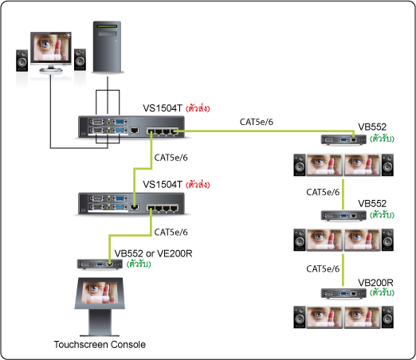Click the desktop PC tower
point(107,47)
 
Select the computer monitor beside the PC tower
point(51,52)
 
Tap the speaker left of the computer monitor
point(22,61)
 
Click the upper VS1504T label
point(163,108)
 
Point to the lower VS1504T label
point(163,184)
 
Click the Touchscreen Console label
point(100,344)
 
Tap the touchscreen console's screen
point(100,292)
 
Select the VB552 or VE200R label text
point(153,253)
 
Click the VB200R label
point(375,283)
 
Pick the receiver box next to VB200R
point(343,293)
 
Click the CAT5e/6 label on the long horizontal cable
point(257,122)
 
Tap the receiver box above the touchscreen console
point(100,264)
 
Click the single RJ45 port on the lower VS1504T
point(135,207)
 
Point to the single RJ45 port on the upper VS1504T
point(135,131)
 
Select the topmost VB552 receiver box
point(343,139)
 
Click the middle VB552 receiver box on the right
point(343,216)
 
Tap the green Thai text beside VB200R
point(382,292)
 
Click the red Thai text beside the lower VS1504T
point(198,185)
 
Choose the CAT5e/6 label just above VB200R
point(323,268)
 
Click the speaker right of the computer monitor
point(80,60)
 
